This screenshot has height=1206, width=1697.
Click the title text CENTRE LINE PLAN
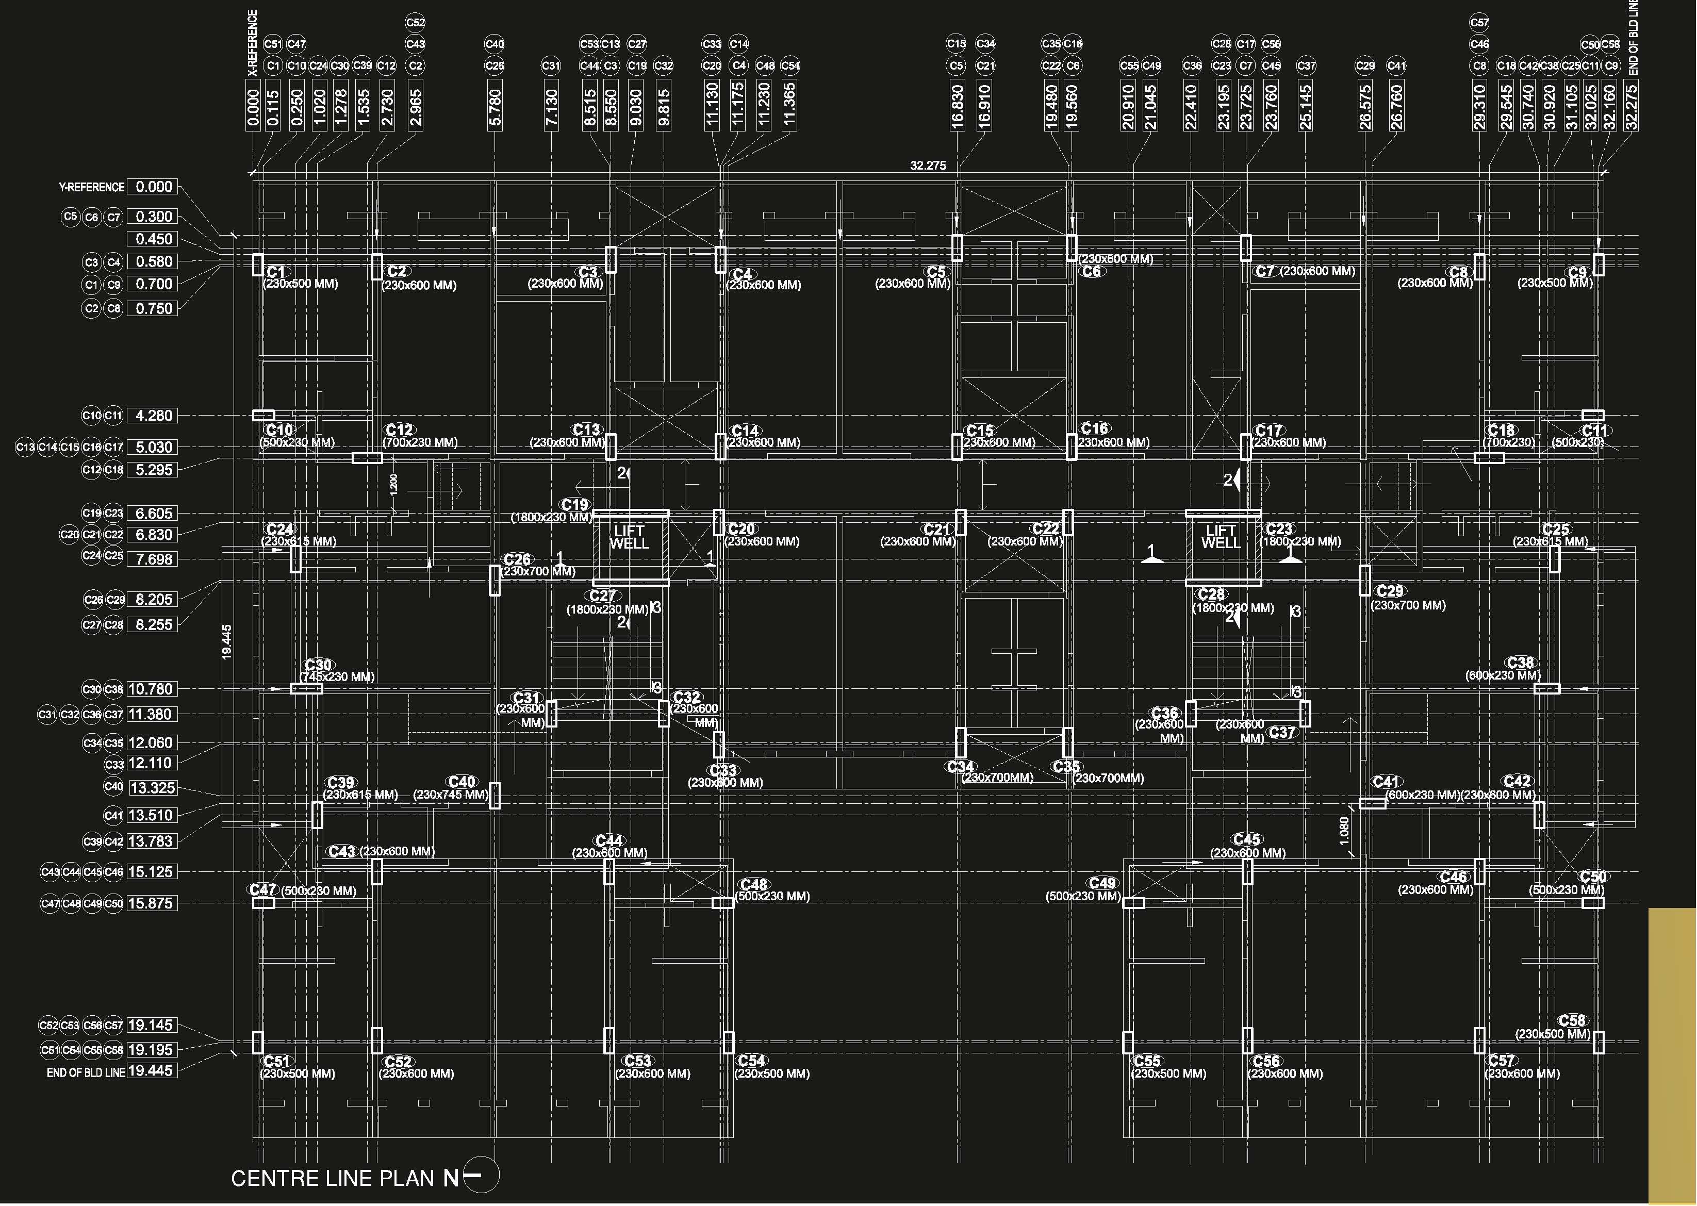(332, 1178)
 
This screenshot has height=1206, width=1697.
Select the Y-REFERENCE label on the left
(91, 187)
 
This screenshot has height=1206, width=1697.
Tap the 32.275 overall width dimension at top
(928, 166)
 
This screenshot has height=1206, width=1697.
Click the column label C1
(276, 272)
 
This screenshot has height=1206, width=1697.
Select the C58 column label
(1572, 1020)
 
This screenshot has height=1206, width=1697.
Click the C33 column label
(722, 770)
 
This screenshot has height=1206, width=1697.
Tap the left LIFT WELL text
(629, 537)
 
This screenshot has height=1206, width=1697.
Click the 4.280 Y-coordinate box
(153, 416)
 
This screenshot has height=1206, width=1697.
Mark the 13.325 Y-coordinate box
(153, 788)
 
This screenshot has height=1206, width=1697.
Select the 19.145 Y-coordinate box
(152, 1026)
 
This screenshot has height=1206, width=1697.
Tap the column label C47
(263, 889)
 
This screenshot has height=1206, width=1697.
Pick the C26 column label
(517, 559)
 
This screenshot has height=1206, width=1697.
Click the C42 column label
(1517, 781)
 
